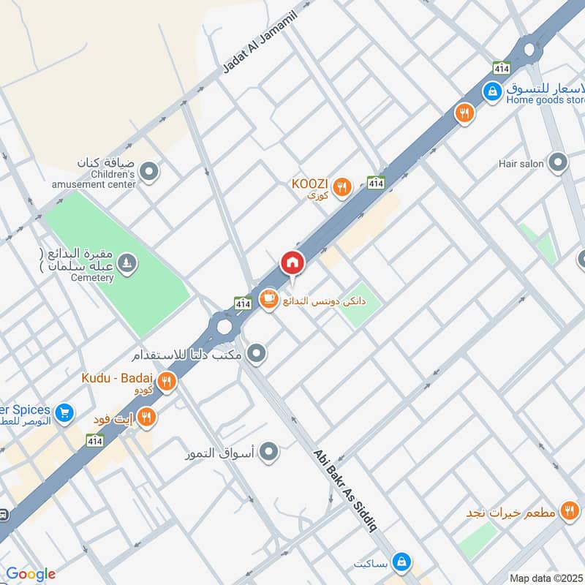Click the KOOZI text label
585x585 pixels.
310,183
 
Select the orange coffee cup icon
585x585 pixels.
268,299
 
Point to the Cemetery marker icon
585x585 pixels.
127,263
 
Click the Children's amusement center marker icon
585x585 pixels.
149,172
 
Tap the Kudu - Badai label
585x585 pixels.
122,378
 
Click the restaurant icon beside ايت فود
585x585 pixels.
147,418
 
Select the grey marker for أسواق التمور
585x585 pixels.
270,452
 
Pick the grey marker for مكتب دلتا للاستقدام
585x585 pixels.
257,355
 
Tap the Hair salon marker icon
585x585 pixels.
559,162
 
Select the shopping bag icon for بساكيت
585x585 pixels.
401,562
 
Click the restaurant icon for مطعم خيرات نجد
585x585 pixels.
568,511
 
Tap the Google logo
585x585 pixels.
30,574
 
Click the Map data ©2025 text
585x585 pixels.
545,578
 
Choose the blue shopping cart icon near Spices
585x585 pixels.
64,413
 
